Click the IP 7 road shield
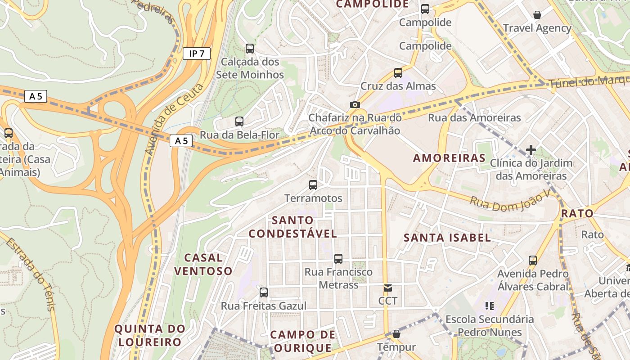[197, 54]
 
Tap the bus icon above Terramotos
[313, 184]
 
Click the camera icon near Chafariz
[355, 104]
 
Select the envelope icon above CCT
[387, 288]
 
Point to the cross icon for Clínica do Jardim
[531, 149]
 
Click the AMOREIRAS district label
[449, 158]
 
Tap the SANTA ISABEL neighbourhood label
[447, 238]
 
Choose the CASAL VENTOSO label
[203, 264]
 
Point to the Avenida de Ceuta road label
[174, 119]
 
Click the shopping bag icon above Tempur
[396, 334]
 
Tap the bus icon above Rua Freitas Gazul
[264, 292]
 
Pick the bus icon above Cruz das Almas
[398, 72]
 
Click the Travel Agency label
[537, 28]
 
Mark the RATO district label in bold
[577, 213]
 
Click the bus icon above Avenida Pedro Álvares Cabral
[533, 260]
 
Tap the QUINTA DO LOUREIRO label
[149, 335]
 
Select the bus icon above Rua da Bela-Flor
[239, 121]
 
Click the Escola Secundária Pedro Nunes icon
[490, 306]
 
